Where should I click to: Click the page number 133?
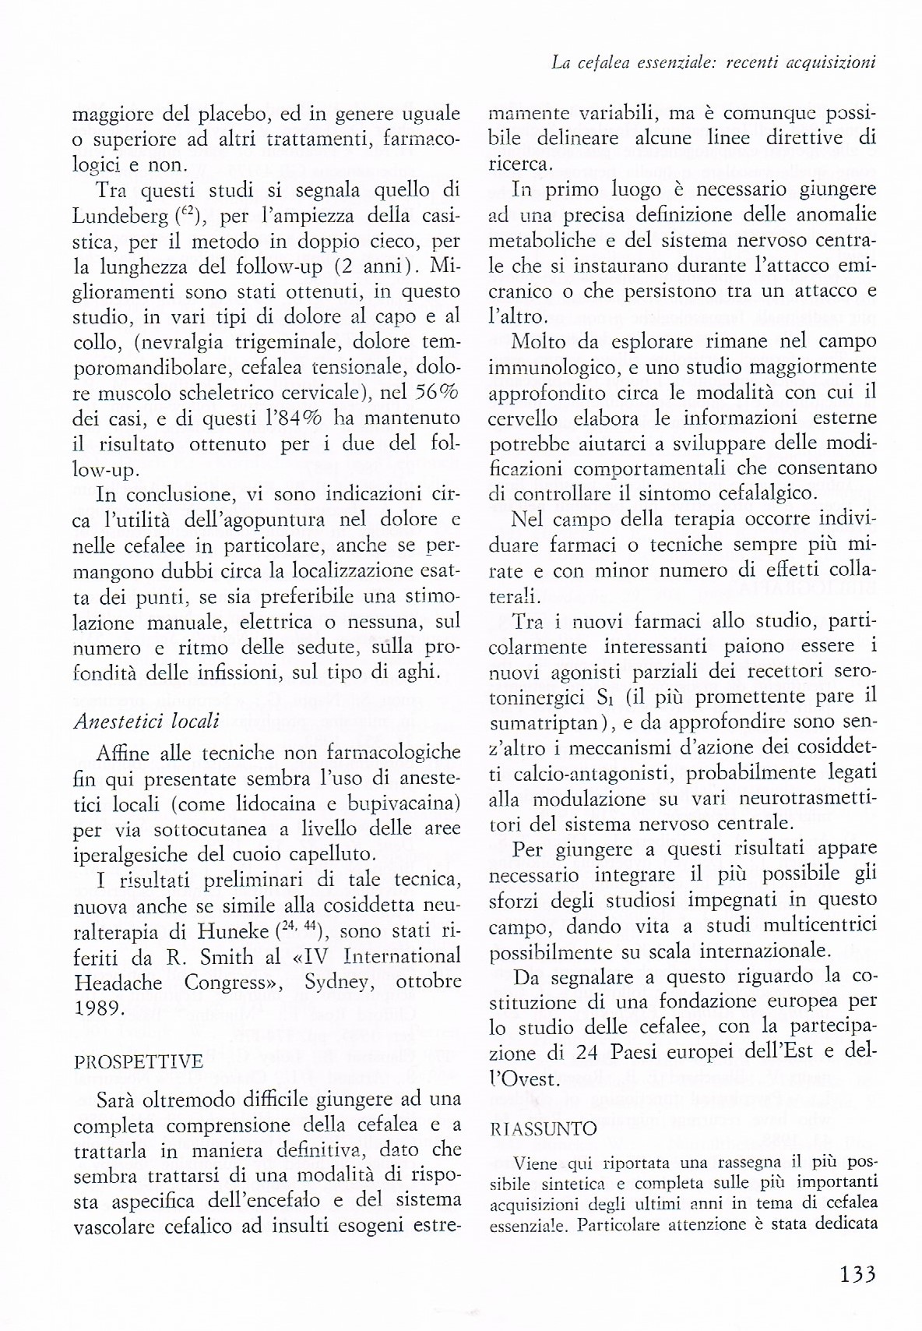[x=858, y=1274]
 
